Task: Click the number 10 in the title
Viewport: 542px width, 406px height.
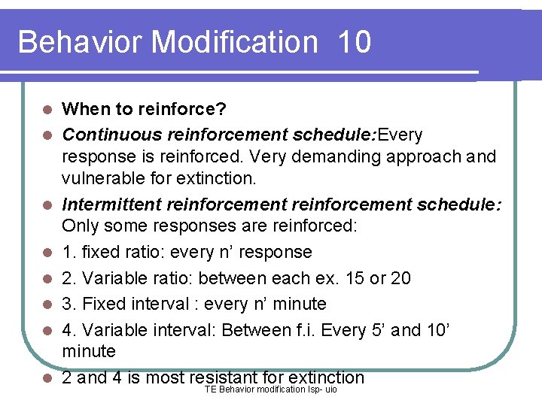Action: click(x=355, y=42)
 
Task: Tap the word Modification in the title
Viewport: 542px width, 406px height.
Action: click(x=234, y=42)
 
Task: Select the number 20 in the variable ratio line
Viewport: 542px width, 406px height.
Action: click(x=400, y=278)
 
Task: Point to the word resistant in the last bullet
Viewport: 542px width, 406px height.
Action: click(x=225, y=377)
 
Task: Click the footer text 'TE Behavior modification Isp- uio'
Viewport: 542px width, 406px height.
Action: click(x=271, y=389)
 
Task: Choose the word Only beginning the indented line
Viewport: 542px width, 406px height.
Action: click(x=77, y=226)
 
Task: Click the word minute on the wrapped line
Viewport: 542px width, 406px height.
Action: click(x=89, y=351)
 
